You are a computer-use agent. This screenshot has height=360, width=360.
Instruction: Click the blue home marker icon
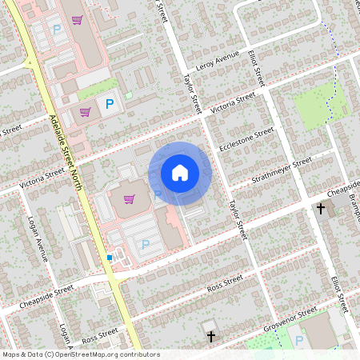point(179,173)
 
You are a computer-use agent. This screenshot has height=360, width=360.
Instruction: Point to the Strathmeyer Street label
point(281,170)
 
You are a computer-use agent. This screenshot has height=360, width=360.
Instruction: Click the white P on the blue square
point(109,104)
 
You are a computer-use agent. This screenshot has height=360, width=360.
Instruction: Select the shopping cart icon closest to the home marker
point(130,198)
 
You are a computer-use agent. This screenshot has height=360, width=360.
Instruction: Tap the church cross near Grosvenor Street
point(210,338)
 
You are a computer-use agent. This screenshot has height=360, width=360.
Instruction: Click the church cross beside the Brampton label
point(321,209)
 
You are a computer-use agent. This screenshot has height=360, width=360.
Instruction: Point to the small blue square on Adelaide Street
point(110,258)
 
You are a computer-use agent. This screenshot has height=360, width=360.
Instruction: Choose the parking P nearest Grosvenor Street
point(299,342)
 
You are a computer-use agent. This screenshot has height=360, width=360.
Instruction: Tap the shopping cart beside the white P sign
point(85,111)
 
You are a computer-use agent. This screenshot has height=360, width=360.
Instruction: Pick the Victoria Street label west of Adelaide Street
point(42,178)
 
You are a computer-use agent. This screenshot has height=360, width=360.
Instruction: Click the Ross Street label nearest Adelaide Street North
point(99,337)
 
